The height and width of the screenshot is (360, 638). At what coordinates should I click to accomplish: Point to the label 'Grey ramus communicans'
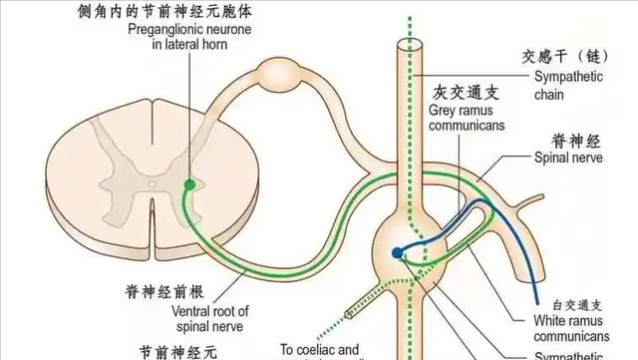coord(467,118)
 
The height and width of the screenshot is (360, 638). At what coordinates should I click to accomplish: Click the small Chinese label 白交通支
coord(573,303)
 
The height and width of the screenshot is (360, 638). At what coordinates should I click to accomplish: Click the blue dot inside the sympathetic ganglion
coord(399,252)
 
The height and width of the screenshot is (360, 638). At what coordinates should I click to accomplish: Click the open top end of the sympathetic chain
coord(406,44)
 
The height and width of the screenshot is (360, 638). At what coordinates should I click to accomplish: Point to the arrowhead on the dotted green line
coord(350,315)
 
